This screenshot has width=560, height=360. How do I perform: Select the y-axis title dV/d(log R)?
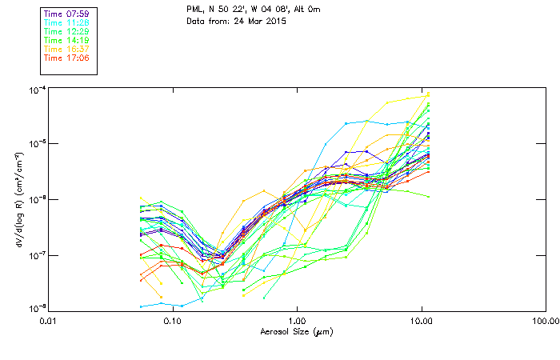[x=18, y=199]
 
